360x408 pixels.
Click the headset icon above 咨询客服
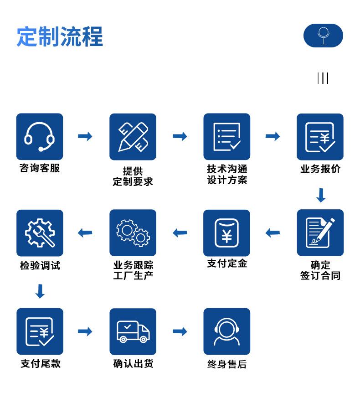point(40,137)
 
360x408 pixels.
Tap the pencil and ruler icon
point(133,137)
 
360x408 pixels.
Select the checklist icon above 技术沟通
point(227,137)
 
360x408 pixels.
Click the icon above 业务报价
point(320,137)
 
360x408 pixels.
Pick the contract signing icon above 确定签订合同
point(320,232)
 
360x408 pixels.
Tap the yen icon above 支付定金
point(226,232)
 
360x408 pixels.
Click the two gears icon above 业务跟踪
point(133,232)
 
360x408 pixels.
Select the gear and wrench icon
point(40,232)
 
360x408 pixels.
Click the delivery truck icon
point(133,331)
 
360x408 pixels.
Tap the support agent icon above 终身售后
point(227,331)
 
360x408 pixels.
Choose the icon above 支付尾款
point(40,331)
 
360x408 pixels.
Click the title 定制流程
point(60,36)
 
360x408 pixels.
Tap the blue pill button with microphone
point(323,36)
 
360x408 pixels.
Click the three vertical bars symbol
point(323,78)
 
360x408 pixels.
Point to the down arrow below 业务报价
point(321,195)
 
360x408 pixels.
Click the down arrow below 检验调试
point(40,291)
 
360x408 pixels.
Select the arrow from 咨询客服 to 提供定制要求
point(85,136)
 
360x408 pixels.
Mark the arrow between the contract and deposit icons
point(273,232)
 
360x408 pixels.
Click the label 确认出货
point(133,363)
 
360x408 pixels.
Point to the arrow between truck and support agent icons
point(180,331)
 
